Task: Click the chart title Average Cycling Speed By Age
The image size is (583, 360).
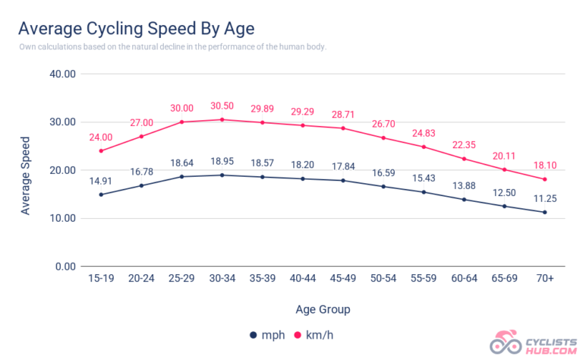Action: (x=136, y=29)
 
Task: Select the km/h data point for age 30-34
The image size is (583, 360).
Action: (x=222, y=119)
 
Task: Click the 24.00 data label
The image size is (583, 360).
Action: (x=101, y=137)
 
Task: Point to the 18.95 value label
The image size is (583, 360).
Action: (x=222, y=162)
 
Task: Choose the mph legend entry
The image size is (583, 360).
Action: (x=265, y=335)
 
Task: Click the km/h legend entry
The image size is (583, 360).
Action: (x=316, y=335)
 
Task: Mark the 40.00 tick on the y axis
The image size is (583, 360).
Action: (x=61, y=74)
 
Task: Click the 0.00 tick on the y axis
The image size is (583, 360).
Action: (x=65, y=267)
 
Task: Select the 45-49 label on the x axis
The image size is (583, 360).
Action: (x=344, y=279)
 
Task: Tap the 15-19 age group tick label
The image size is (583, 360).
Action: (x=101, y=279)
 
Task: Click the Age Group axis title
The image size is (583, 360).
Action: (x=323, y=309)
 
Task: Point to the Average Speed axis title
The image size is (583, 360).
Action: (x=26, y=175)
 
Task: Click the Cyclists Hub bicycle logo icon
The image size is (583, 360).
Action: (x=506, y=343)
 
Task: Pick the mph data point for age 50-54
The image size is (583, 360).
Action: (x=384, y=186)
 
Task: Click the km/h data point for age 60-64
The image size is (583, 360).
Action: (x=465, y=159)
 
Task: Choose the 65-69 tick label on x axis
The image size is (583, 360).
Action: (x=505, y=279)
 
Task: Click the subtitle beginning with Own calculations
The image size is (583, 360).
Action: (x=173, y=47)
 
